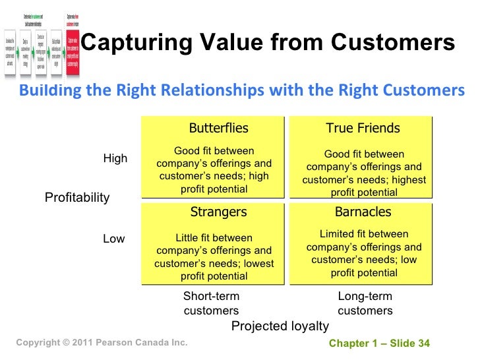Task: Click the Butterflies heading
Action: (218, 128)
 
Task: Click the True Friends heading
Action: (363, 128)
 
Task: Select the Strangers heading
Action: (218, 212)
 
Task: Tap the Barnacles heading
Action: (363, 212)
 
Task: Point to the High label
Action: (115, 159)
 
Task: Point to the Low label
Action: (113, 239)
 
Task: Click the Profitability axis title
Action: (77, 198)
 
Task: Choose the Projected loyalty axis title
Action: (280, 326)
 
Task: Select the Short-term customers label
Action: (211, 303)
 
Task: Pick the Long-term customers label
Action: (365, 303)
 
